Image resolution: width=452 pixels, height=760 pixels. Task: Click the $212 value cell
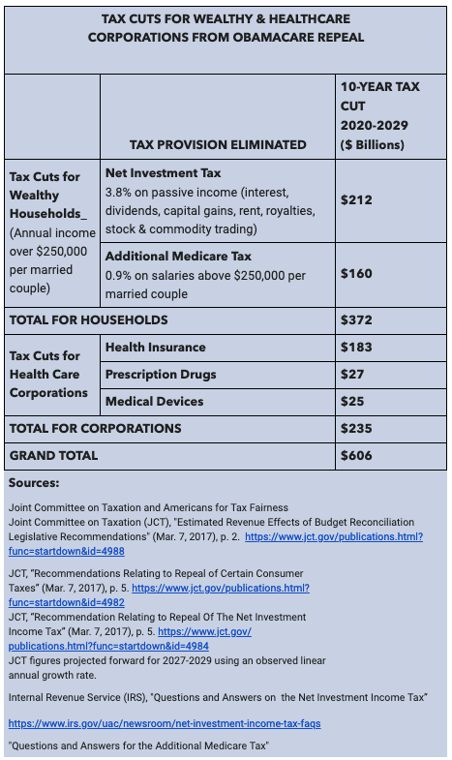point(356,199)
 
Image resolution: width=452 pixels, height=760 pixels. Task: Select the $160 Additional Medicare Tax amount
point(356,273)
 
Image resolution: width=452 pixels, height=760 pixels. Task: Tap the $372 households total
point(356,319)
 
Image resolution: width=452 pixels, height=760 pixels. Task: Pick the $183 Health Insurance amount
point(356,347)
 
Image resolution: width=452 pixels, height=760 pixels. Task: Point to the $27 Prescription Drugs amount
point(352,374)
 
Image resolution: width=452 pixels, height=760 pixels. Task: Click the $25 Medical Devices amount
point(352,402)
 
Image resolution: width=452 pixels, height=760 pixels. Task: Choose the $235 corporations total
point(356,429)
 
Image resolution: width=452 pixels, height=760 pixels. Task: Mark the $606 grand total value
point(356,456)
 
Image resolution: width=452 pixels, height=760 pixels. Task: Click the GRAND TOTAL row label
point(53,456)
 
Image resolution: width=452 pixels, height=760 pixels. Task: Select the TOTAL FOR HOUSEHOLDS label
point(89,319)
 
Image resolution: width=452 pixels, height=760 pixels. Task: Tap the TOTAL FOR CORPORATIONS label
point(96,429)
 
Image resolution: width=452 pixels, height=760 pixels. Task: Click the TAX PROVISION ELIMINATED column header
point(218,144)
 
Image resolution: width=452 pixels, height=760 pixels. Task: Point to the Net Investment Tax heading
point(164,173)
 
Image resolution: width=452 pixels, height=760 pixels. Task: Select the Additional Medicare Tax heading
point(178,256)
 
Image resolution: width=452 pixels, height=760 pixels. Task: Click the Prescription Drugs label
point(161,374)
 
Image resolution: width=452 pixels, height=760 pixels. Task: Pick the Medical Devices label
point(155,402)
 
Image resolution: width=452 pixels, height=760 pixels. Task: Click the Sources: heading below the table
point(34,483)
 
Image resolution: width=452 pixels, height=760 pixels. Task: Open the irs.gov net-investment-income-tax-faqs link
point(165,723)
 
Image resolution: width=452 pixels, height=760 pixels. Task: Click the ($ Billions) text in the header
point(372,145)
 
